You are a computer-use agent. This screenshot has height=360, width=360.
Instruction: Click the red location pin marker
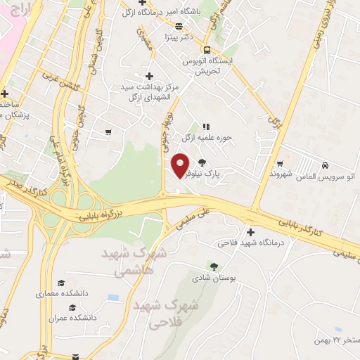click(181, 165)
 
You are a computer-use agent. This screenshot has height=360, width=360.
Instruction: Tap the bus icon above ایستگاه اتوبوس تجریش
click(207, 50)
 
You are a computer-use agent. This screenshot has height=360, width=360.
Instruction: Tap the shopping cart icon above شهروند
click(280, 163)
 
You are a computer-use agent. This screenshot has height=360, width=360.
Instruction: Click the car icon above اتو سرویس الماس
click(324, 165)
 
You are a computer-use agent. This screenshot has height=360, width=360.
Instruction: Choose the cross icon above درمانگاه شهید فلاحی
click(251, 232)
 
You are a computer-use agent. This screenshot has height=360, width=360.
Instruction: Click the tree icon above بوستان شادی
click(214, 266)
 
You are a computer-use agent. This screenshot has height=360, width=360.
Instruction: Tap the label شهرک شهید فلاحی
click(164, 314)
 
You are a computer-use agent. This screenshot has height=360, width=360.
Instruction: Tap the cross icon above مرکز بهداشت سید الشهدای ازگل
click(148, 76)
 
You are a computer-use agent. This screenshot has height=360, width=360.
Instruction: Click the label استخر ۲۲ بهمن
click(335, 340)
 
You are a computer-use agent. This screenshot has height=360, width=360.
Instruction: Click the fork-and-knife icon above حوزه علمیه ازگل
click(206, 127)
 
